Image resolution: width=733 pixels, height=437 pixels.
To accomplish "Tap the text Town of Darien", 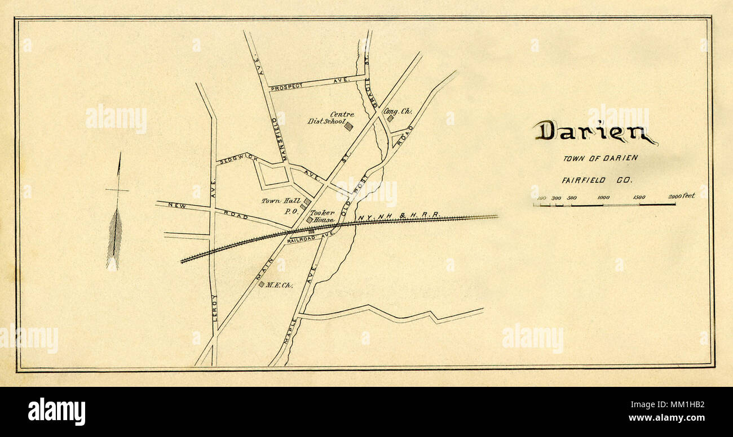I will pyautogui.click(x=600, y=158).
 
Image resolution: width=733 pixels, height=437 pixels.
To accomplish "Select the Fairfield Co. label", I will pyautogui.click(x=597, y=180).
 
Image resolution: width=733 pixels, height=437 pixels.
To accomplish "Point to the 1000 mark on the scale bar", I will pyautogui.click(x=603, y=198).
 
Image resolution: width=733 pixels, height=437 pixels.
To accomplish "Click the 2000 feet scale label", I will pyautogui.click(x=681, y=196).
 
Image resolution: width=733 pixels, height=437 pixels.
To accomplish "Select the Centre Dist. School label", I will pyautogui.click(x=330, y=118).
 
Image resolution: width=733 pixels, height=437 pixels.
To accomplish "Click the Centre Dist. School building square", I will pyautogui.click(x=348, y=126).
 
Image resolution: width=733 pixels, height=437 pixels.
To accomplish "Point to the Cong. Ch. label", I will pyautogui.click(x=398, y=111).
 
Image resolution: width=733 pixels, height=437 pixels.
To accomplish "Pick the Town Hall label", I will pyautogui.click(x=277, y=200).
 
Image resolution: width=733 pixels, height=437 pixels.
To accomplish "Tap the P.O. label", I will pyautogui.click(x=291, y=211).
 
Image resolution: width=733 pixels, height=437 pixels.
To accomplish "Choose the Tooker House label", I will pyautogui.click(x=323, y=216).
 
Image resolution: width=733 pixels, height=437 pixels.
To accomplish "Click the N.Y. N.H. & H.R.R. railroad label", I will pyautogui.click(x=398, y=216).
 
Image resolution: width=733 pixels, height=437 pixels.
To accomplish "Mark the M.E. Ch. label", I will pyautogui.click(x=280, y=285).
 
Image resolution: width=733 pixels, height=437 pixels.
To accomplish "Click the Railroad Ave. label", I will pyautogui.click(x=307, y=238).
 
